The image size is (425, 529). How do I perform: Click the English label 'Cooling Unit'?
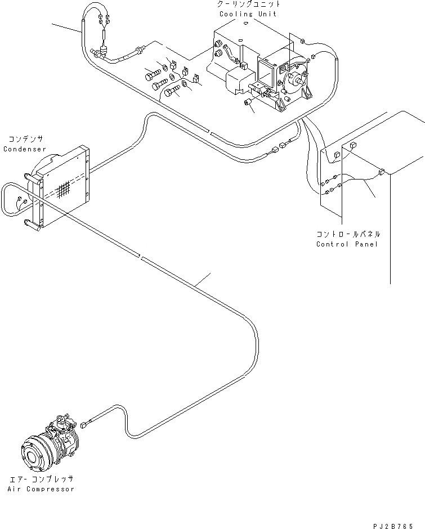(x=248, y=14)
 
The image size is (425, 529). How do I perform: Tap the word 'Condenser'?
(x=25, y=149)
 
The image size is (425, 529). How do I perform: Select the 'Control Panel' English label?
(x=347, y=244)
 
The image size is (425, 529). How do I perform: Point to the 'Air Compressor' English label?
(x=41, y=489)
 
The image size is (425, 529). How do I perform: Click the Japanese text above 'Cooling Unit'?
(x=249, y=5)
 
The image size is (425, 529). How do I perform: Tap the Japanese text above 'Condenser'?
(x=26, y=139)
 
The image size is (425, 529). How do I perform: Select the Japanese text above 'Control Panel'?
(x=348, y=234)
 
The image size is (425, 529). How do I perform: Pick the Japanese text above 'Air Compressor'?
(x=42, y=479)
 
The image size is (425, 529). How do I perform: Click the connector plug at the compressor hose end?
(x=84, y=425)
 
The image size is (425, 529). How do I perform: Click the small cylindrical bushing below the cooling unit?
(x=248, y=101)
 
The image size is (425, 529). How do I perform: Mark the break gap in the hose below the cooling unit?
(x=210, y=132)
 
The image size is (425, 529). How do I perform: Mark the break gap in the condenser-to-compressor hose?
(x=141, y=257)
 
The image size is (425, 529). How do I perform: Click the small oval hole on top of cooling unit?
(x=247, y=23)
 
